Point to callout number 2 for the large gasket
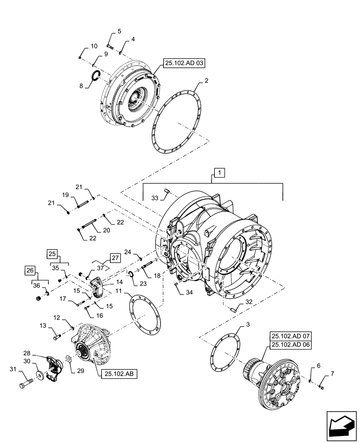pos(206,82)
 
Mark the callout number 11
pos(120,291)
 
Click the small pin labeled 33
pos(168,191)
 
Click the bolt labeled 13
pos(56,338)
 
